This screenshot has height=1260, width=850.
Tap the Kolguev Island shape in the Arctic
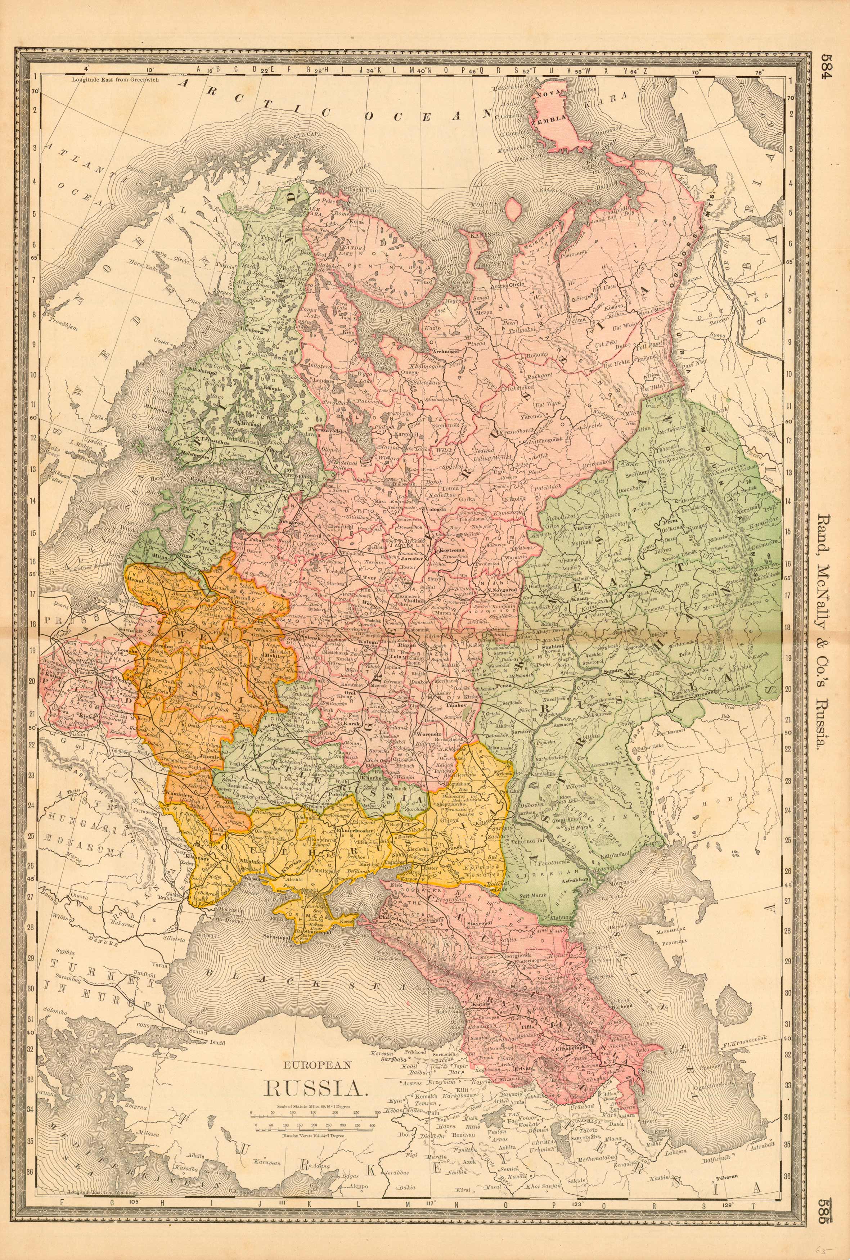(x=512, y=209)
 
